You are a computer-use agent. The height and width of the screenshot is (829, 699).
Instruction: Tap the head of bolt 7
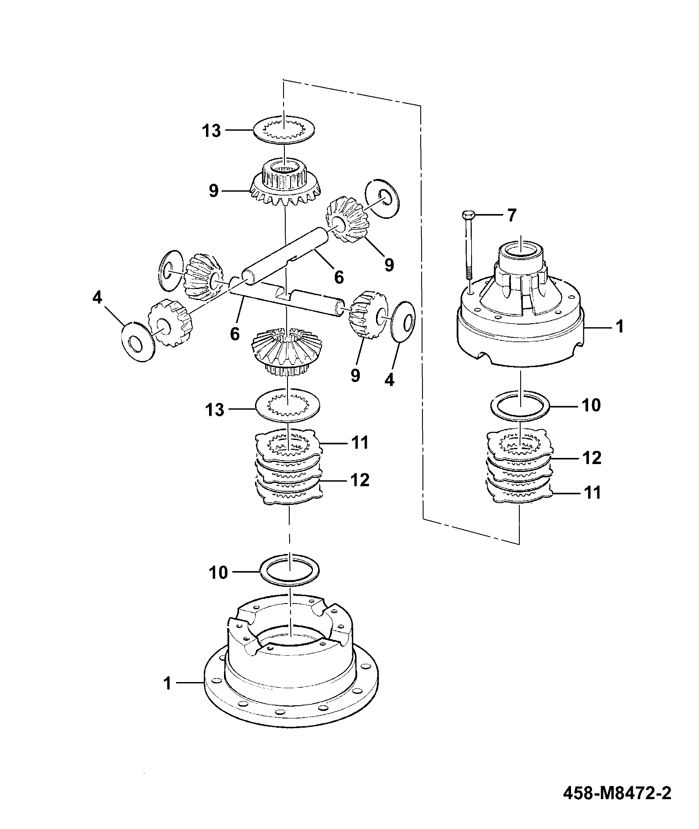coord(468,215)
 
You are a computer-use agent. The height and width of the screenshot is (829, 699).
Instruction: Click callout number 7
coord(511,215)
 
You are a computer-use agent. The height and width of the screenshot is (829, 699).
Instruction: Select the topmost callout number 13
coord(211,131)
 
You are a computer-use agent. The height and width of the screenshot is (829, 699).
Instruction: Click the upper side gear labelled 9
coord(285,186)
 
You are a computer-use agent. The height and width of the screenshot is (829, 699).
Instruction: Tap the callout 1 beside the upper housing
coord(619,327)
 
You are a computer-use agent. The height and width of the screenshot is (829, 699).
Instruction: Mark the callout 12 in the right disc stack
coord(592,457)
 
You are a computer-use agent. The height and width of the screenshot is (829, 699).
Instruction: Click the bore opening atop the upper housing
coord(521,250)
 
